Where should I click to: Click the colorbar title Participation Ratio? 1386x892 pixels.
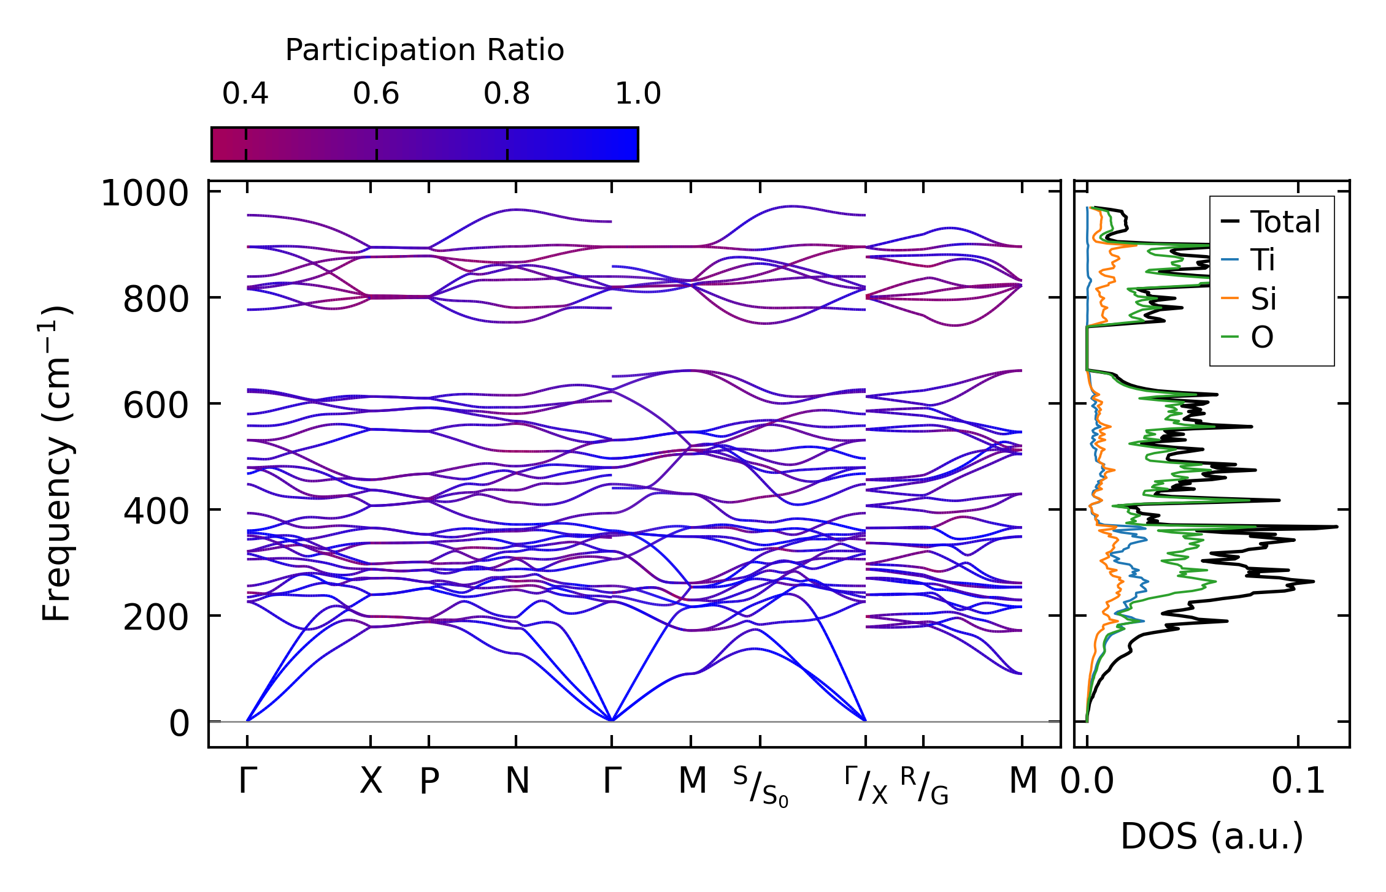pyautogui.click(x=424, y=50)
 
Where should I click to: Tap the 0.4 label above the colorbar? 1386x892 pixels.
pyautogui.click(x=245, y=94)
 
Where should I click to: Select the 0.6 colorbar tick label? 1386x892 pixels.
pyautogui.click(x=376, y=94)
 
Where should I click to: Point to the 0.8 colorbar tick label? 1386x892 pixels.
pyautogui.click(x=507, y=94)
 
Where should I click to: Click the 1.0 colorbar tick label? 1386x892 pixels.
pyautogui.click(x=638, y=94)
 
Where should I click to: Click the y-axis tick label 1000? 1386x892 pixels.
pyautogui.click(x=145, y=194)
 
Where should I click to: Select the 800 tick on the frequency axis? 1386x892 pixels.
pyautogui.click(x=156, y=300)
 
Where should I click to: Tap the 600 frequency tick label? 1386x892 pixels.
pyautogui.click(x=156, y=406)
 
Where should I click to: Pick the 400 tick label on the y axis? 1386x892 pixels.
pyautogui.click(x=156, y=513)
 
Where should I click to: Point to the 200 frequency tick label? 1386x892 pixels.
pyautogui.click(x=156, y=618)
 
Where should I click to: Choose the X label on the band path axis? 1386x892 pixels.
pyautogui.click(x=371, y=782)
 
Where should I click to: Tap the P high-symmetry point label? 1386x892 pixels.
pyautogui.click(x=429, y=782)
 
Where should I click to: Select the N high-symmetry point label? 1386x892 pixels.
pyautogui.click(x=517, y=782)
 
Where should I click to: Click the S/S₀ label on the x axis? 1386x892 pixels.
pyautogui.click(x=760, y=787)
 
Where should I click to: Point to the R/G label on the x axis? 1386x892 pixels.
pyautogui.click(x=925, y=787)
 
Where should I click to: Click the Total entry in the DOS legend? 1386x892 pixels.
pyautogui.click(x=1285, y=222)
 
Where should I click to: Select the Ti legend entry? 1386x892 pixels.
pyautogui.click(x=1263, y=260)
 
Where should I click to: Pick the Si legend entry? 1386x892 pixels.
pyautogui.click(x=1263, y=299)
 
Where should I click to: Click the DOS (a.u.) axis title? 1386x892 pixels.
pyautogui.click(x=1212, y=837)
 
